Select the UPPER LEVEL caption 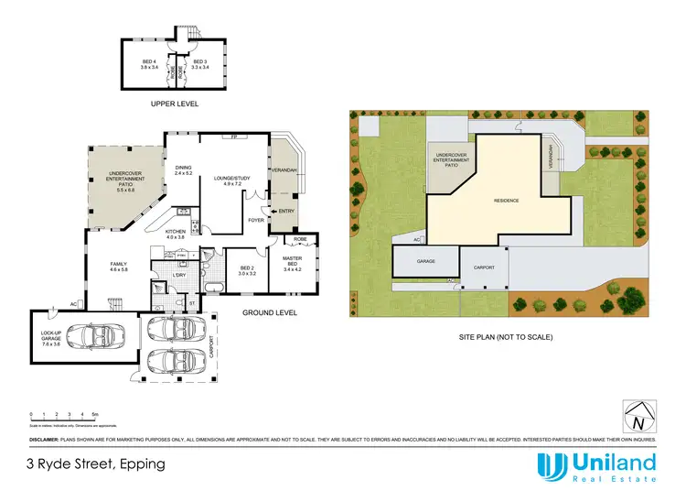[175, 104]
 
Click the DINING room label [184, 170]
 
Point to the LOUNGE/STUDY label [230, 180]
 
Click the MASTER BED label [292, 263]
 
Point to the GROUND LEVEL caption [270, 313]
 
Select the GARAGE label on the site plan [426, 261]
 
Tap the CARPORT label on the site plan [484, 267]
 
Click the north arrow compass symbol [637, 417]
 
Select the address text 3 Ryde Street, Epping [96, 464]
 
